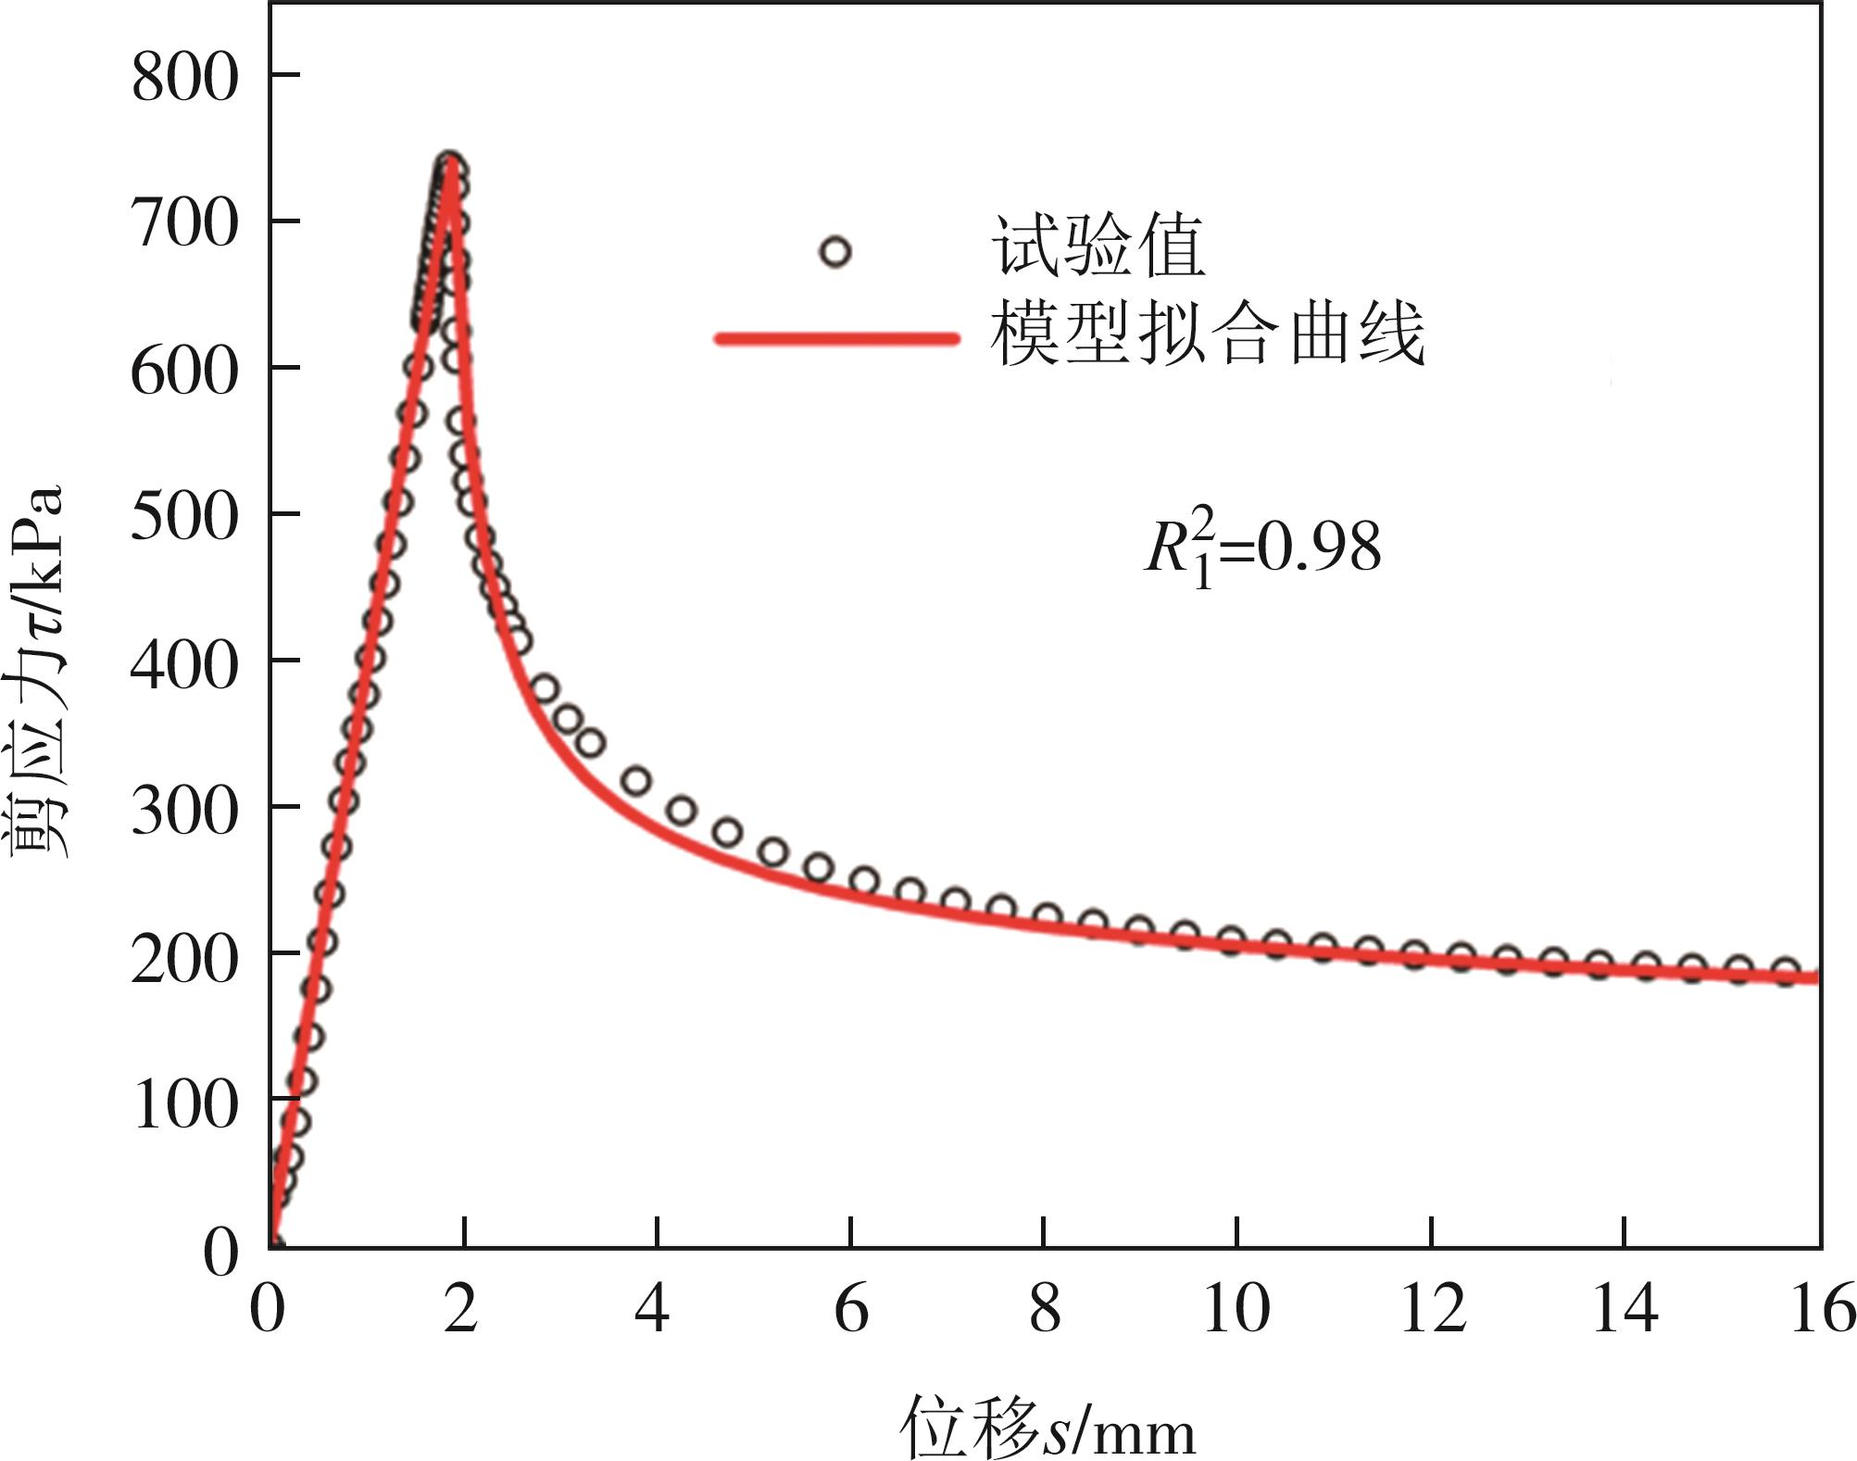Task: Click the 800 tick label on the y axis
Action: coord(184,77)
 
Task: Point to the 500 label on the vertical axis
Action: coord(184,516)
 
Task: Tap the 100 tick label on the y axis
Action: coord(186,1103)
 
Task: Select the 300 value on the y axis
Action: coord(184,810)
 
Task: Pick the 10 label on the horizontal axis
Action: coord(1236,1310)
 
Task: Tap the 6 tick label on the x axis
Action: coord(851,1310)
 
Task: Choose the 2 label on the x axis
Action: coord(460,1310)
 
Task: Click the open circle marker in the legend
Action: coord(835,252)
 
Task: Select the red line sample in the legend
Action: coord(836,338)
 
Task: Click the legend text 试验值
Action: coord(1098,247)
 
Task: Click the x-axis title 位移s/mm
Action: coord(1048,1428)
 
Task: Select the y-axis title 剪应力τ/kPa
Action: coord(39,671)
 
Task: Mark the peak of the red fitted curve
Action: coord(451,170)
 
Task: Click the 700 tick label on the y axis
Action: coord(184,223)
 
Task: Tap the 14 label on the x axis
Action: coord(1624,1310)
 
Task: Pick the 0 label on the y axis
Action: coord(221,1253)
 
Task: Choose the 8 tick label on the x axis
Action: coord(1045,1310)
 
